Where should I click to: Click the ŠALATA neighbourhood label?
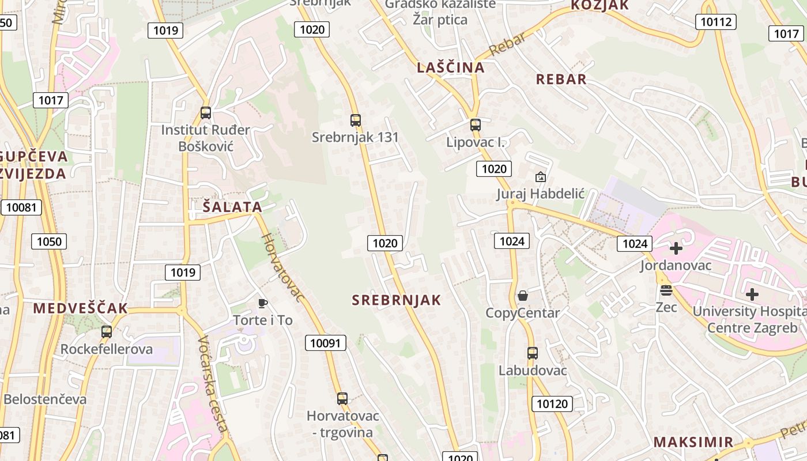(x=232, y=207)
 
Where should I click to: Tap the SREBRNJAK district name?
(x=397, y=300)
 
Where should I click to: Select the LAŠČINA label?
(x=451, y=67)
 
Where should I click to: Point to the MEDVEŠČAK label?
(x=80, y=308)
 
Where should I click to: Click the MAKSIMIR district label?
(x=693, y=442)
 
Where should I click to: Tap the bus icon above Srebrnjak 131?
(x=356, y=120)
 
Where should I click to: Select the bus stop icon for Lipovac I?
(x=475, y=125)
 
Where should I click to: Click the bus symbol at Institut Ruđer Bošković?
(x=206, y=113)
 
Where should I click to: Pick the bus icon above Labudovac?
(x=533, y=353)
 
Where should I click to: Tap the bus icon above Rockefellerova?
(x=107, y=332)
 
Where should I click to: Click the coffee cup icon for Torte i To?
(x=263, y=303)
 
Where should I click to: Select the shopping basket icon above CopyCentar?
(x=523, y=296)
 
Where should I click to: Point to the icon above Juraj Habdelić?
(x=541, y=177)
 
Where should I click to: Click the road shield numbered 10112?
(x=716, y=22)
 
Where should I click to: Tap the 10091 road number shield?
(x=326, y=343)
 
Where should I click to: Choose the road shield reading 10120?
(x=552, y=403)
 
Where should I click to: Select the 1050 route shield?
(x=49, y=241)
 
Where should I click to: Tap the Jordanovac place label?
(x=676, y=266)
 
